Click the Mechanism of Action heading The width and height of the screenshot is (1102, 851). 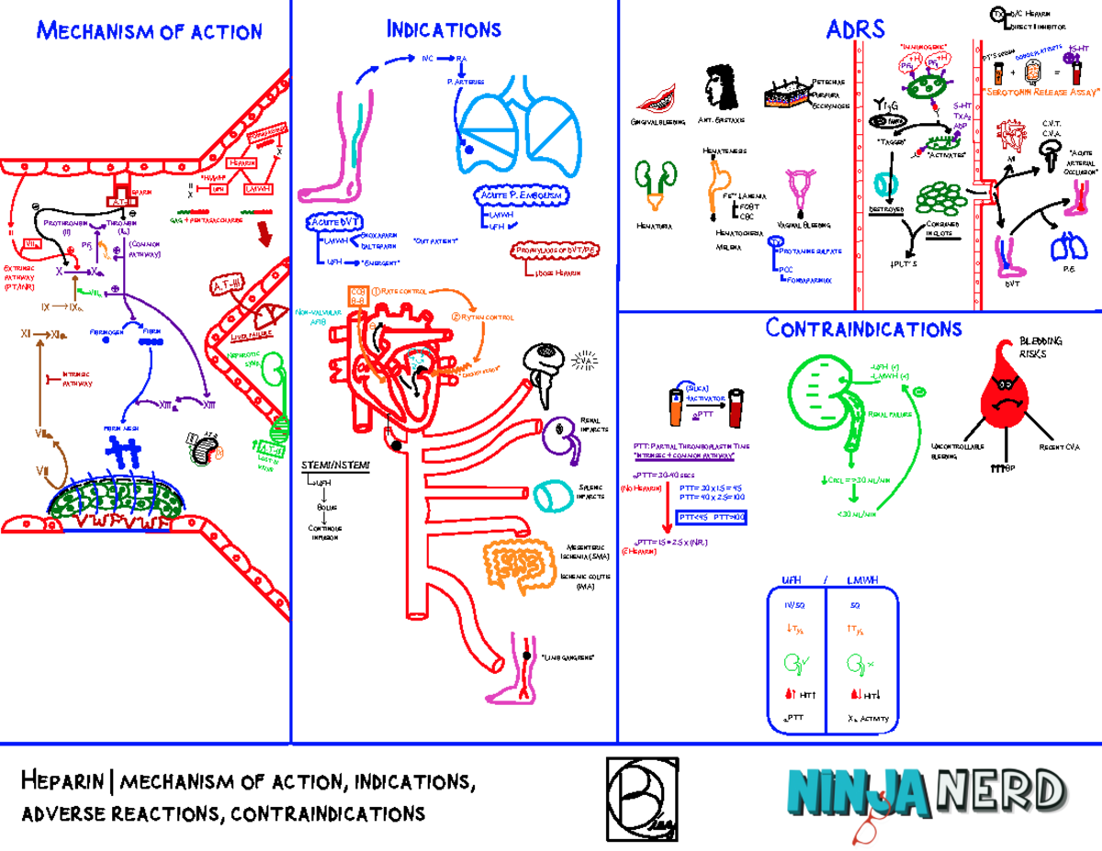tap(149, 31)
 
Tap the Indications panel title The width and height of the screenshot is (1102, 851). tap(444, 29)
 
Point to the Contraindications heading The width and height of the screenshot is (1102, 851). tap(864, 329)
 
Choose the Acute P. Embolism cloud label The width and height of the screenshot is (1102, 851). tap(522, 196)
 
